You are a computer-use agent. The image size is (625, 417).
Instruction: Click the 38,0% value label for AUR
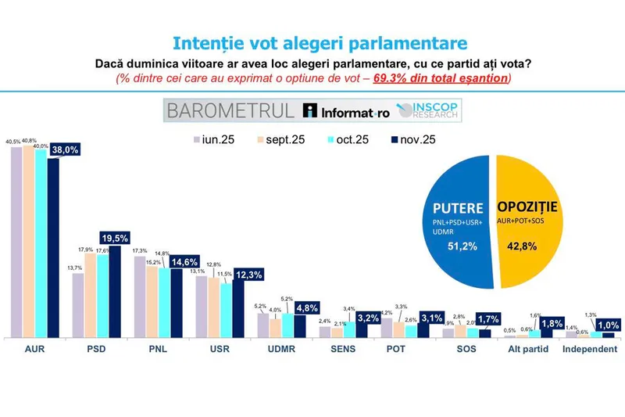(x=66, y=153)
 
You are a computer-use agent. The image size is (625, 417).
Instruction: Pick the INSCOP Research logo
(x=427, y=110)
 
